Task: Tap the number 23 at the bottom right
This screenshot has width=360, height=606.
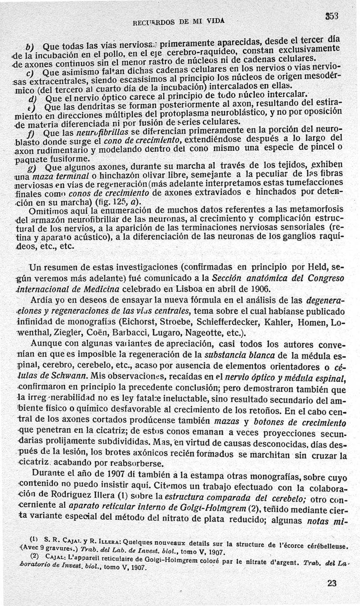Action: [332, 583]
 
